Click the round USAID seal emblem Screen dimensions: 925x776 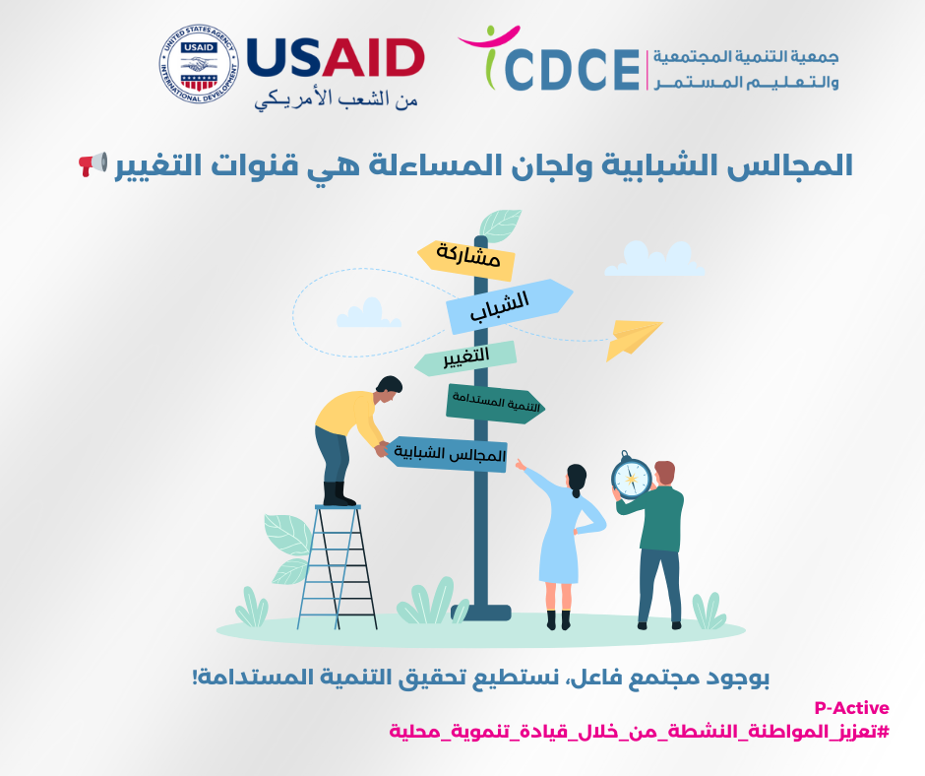[199, 64]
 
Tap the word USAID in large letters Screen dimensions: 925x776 [336, 58]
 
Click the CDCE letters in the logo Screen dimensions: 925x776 [572, 70]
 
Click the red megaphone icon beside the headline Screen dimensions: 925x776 [93, 163]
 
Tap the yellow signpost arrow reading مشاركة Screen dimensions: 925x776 [466, 259]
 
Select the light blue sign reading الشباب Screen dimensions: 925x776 [508, 305]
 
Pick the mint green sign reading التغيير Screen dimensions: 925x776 [466, 357]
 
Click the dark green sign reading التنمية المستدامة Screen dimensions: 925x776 [494, 404]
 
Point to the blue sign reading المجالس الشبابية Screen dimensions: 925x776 [446, 454]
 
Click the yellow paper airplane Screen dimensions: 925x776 [633, 340]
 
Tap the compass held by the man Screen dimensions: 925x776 [631, 476]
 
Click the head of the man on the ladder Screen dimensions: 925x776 [389, 389]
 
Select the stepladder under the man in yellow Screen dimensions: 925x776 [337, 567]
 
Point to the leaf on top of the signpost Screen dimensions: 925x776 [500, 226]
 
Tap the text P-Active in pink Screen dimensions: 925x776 [851, 707]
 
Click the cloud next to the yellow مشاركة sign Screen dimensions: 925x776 [654, 259]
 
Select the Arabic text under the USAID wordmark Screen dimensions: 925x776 [336, 98]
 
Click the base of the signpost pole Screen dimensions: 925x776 [481, 613]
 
